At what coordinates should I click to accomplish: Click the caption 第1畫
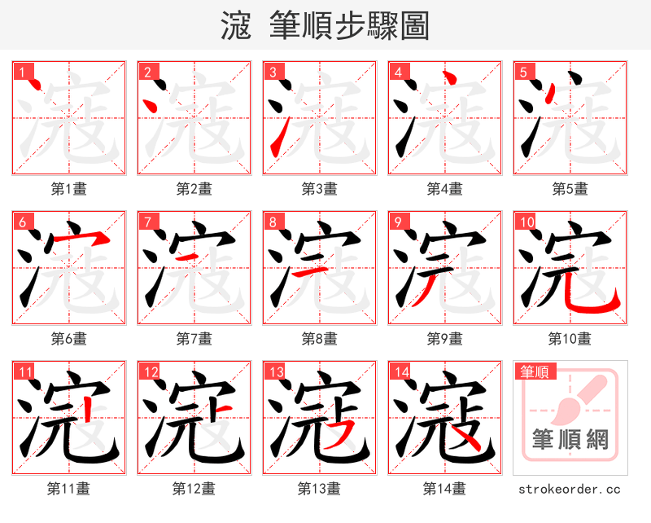pyautogui.click(x=69, y=189)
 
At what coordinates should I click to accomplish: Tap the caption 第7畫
pyautogui.click(x=194, y=338)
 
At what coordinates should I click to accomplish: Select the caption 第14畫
pyautogui.click(x=444, y=489)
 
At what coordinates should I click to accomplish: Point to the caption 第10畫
pyautogui.click(x=570, y=338)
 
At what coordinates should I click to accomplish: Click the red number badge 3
pyautogui.click(x=274, y=73)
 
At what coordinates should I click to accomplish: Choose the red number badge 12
pyautogui.click(x=151, y=373)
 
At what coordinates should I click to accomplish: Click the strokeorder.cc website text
pyautogui.click(x=570, y=489)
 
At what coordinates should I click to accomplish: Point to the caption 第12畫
pyautogui.click(x=194, y=489)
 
